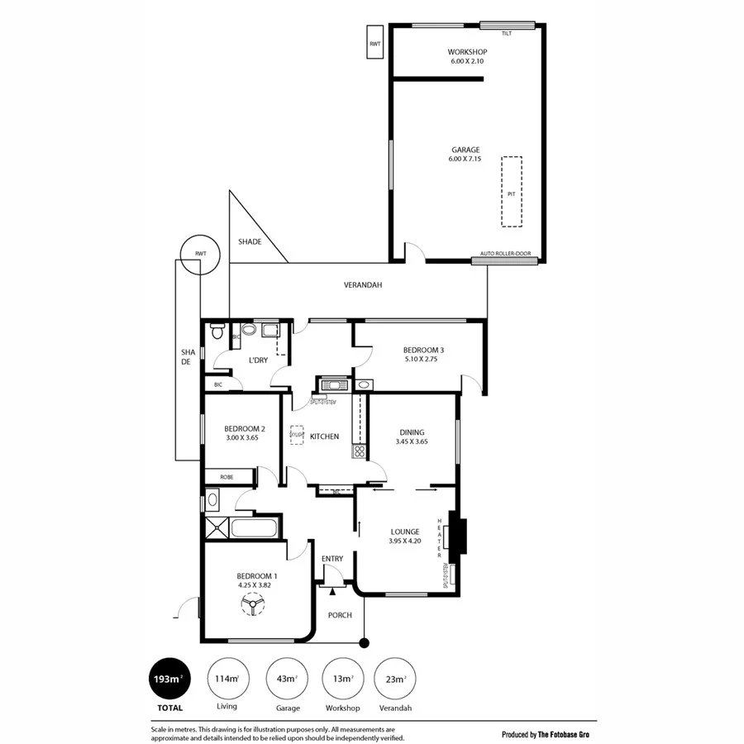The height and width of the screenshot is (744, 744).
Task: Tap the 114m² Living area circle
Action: pyautogui.click(x=227, y=679)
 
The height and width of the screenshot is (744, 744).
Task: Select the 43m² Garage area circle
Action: pyautogui.click(x=285, y=679)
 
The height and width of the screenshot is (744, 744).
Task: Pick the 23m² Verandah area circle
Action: pyautogui.click(x=394, y=679)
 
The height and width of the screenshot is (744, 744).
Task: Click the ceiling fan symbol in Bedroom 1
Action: pyautogui.click(x=251, y=608)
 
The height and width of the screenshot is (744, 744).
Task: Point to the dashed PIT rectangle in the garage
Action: pyautogui.click(x=512, y=192)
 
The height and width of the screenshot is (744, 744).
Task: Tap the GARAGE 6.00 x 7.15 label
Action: pyautogui.click(x=465, y=154)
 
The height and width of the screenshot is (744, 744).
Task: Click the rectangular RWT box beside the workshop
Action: pyautogui.click(x=374, y=43)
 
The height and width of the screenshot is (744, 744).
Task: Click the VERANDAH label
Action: pyautogui.click(x=363, y=285)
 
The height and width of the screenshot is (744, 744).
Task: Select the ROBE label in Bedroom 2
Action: pyautogui.click(x=227, y=477)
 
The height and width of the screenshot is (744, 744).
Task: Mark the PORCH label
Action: pyautogui.click(x=340, y=615)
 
